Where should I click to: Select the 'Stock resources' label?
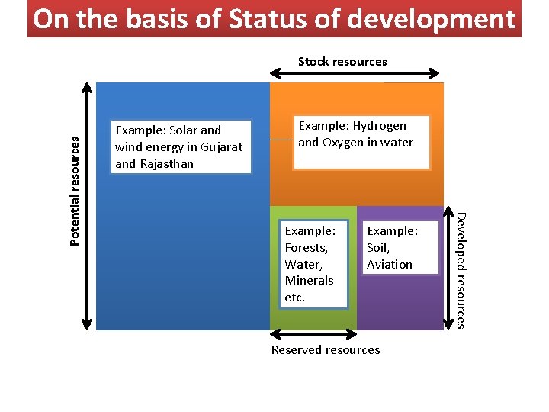[342, 61]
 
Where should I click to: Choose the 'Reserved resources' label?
[326, 349]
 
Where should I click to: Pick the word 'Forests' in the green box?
[306, 247]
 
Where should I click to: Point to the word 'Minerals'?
[309, 280]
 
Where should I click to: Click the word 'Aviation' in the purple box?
[389, 264]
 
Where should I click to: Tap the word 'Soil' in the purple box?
[377, 247]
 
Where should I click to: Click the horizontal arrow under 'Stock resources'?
[355, 74]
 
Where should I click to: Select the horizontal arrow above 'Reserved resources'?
[313, 334]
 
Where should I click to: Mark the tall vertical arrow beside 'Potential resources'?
[90, 206]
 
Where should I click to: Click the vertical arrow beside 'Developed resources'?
[448, 267]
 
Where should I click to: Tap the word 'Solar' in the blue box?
[182, 130]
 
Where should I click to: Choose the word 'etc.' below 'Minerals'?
[294, 297]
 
